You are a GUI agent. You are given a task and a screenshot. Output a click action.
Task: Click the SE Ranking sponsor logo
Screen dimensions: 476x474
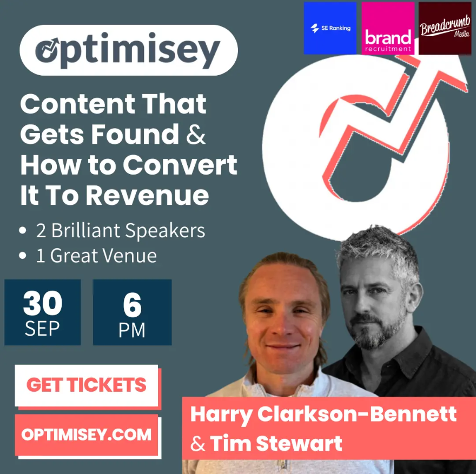(x=330, y=28)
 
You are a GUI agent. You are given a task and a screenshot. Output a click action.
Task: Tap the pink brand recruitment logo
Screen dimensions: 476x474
(x=388, y=28)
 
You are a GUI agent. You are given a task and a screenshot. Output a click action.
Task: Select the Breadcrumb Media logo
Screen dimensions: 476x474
(x=445, y=28)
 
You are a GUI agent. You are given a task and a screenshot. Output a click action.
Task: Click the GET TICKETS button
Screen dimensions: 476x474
(x=87, y=385)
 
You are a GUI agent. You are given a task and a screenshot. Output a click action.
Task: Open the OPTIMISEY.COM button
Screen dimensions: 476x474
(x=87, y=435)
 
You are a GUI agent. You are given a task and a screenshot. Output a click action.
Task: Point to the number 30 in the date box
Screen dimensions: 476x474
(x=43, y=303)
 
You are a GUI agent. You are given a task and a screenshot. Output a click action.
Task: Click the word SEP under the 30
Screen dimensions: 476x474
(x=42, y=329)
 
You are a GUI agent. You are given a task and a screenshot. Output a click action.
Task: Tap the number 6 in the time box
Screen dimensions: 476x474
(x=133, y=305)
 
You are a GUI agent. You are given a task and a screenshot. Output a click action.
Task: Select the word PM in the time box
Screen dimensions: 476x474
(x=132, y=330)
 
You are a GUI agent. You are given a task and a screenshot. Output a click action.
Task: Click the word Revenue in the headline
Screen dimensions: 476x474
(x=147, y=195)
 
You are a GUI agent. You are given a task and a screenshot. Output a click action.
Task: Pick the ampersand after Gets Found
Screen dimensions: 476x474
(x=196, y=135)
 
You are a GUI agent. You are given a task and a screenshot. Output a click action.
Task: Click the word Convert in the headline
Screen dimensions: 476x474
(x=180, y=165)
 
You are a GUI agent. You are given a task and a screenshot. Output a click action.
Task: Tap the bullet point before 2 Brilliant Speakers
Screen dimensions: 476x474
(x=23, y=230)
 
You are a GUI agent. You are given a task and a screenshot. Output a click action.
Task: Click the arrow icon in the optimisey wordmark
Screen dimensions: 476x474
(x=48, y=48)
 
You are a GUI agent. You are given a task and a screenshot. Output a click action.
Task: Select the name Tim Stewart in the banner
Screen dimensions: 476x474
(x=276, y=443)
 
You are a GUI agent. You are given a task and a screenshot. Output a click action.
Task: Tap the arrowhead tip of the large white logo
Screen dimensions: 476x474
(x=467, y=83)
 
